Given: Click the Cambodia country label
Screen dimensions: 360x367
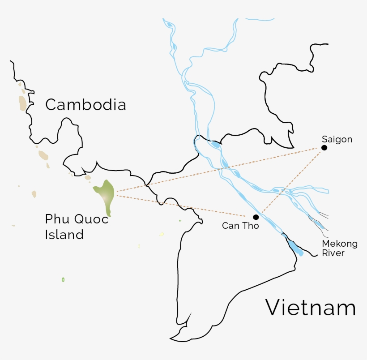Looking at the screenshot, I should tap(85, 105).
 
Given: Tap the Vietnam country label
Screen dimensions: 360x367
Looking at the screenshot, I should tap(311, 308).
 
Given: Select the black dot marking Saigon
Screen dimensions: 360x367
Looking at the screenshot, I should tap(324, 148).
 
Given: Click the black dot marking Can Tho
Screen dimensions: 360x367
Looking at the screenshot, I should tap(256, 217).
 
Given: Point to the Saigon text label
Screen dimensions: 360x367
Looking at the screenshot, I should tap(337, 139).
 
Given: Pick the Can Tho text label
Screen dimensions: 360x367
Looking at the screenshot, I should tap(240, 226).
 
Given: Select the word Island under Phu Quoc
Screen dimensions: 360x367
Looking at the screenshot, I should tap(64, 235).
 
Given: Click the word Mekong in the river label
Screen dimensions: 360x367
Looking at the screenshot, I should tap(340, 244).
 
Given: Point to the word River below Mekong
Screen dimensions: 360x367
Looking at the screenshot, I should tap(333, 253).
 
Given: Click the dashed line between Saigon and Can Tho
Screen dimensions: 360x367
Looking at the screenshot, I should tap(291, 181).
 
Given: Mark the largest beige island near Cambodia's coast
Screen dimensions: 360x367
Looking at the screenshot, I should tap(22, 103).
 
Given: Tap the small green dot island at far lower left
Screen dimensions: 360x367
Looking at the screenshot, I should tap(63, 279).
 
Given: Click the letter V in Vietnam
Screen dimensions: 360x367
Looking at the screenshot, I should tap(274, 308).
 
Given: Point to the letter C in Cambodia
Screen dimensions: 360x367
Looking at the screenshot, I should tap(51, 105).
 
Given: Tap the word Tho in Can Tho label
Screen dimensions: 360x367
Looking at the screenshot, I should tap(251, 226).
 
